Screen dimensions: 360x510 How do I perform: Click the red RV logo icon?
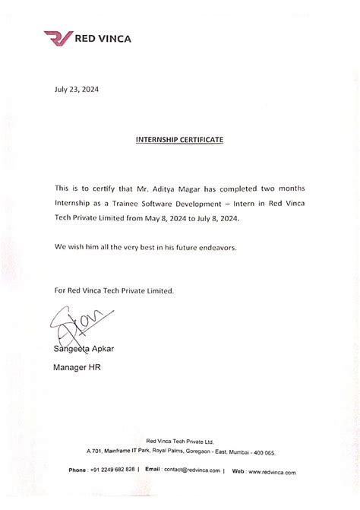(x=58, y=37)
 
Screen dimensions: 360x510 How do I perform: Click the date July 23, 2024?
(x=77, y=89)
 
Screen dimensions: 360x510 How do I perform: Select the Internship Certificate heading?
(x=180, y=140)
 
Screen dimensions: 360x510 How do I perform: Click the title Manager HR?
(x=77, y=368)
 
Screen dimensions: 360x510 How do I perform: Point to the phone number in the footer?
(x=112, y=470)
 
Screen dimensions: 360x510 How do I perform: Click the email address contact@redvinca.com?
(x=191, y=470)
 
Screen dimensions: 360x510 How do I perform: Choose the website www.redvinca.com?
(x=270, y=471)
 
